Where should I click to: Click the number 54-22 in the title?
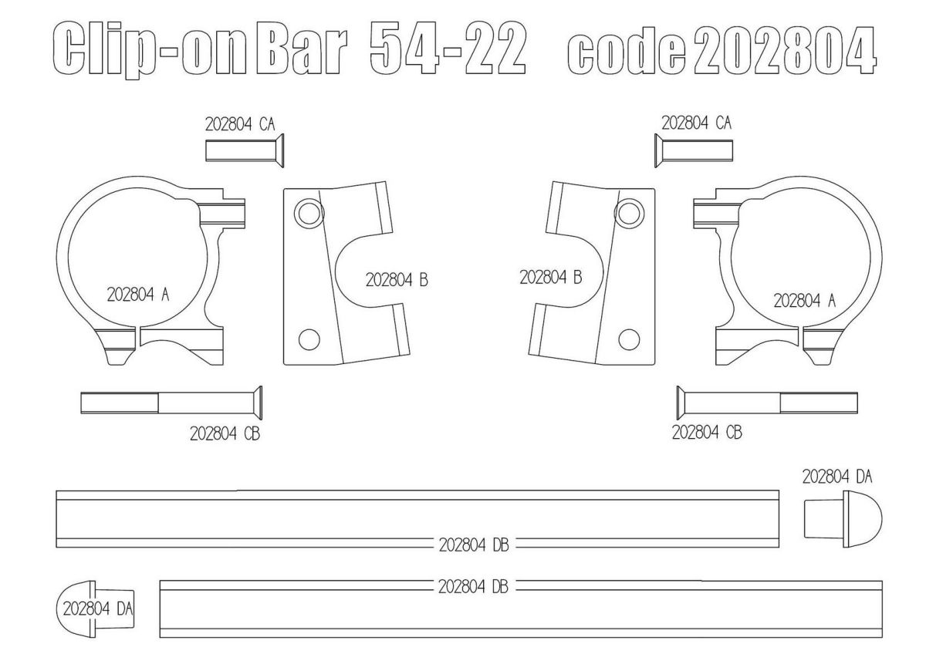448,48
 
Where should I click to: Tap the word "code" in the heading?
627,51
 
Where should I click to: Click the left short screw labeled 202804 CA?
245,150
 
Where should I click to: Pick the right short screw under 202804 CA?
694,150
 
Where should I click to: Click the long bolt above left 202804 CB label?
171,403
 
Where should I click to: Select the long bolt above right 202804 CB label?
767,403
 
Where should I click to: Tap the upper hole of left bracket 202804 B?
309,213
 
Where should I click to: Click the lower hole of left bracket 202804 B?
309,339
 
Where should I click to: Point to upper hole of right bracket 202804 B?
629,213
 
